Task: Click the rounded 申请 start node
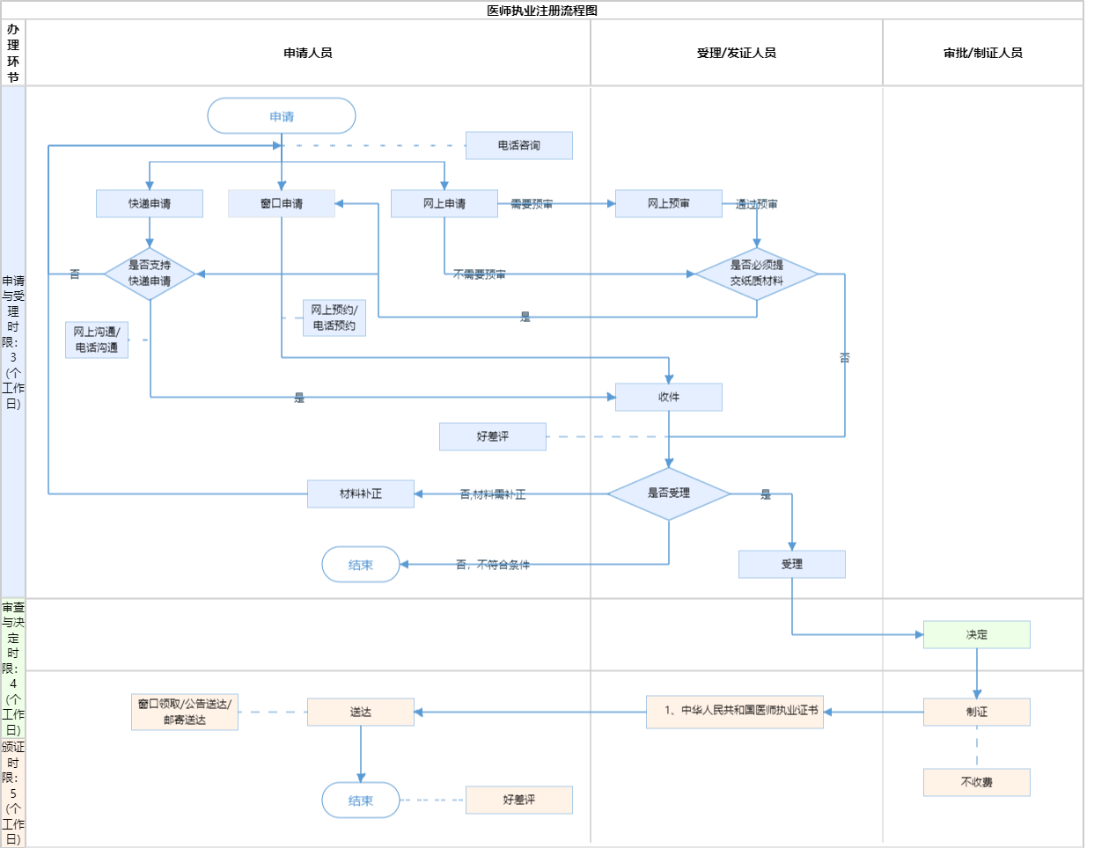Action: tap(282, 116)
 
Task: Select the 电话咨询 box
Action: tap(518, 145)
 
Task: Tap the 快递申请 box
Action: tap(150, 203)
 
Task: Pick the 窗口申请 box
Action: tap(282, 203)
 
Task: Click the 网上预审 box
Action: tap(669, 203)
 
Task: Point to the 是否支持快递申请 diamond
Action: tap(150, 274)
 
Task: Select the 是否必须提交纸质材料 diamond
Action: tap(756, 274)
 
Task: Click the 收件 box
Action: tap(669, 397)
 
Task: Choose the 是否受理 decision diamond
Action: tap(669, 493)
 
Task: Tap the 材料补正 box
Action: tap(361, 493)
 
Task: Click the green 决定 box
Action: tap(976, 634)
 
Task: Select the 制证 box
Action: tap(976, 712)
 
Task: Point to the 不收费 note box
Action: tap(976, 782)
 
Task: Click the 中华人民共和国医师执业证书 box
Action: tap(735, 712)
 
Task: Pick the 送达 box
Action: tap(361, 712)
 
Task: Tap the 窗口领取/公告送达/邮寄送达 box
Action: tap(185, 712)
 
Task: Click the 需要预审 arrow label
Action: tap(532, 204)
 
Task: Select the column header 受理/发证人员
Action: tap(736, 53)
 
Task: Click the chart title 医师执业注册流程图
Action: tap(542, 11)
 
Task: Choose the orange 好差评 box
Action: tap(518, 800)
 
